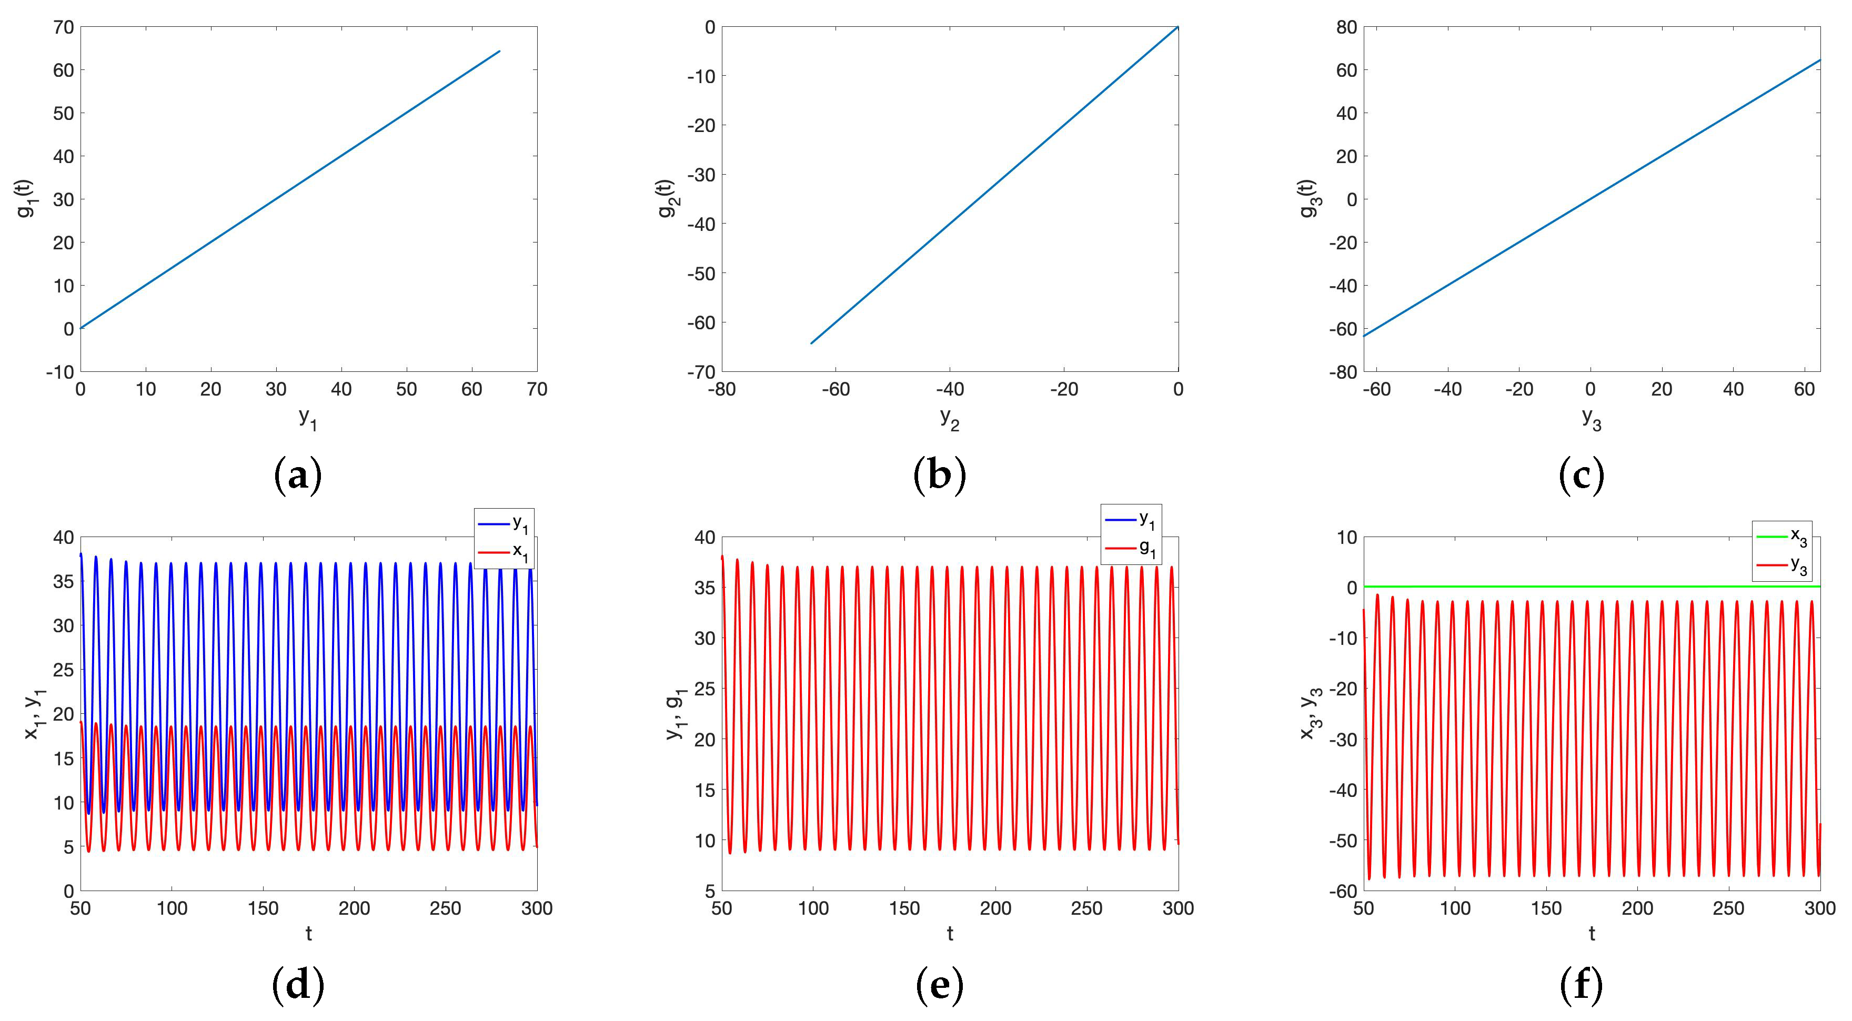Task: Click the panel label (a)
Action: click(298, 476)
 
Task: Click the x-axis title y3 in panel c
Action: click(1591, 417)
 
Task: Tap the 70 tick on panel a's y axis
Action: click(63, 27)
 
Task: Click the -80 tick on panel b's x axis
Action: click(722, 390)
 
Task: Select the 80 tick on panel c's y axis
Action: click(1346, 27)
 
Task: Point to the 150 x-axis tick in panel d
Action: click(263, 908)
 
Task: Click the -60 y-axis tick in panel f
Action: click(1342, 891)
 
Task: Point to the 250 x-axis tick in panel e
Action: click(1086, 908)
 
